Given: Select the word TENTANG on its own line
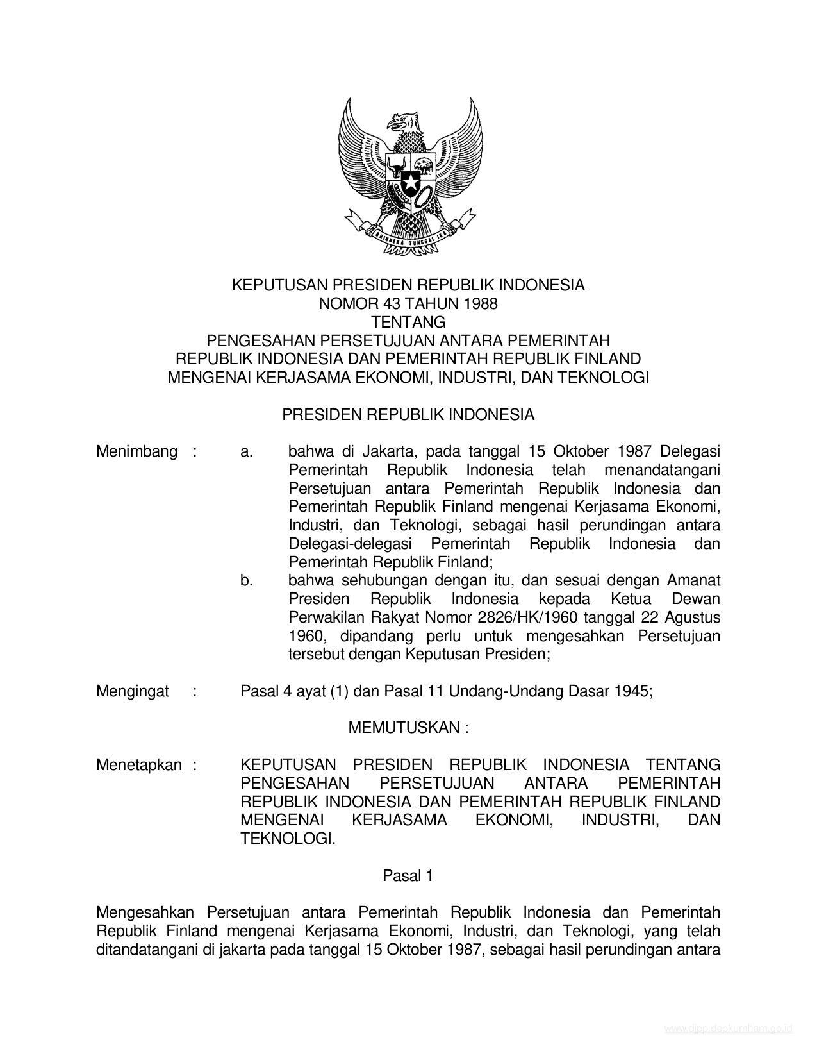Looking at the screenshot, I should pos(408,322).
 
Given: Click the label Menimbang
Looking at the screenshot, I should pos(136,451).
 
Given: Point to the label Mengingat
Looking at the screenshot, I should pos(133,691).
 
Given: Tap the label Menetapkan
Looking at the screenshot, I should pos(138,765).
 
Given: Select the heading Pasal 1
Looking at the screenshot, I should pos(408,875).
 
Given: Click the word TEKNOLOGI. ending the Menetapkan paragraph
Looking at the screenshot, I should pos(288,839).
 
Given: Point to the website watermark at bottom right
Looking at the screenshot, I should pos(728,1029).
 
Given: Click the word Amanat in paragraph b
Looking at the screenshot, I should pos(694,581).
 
